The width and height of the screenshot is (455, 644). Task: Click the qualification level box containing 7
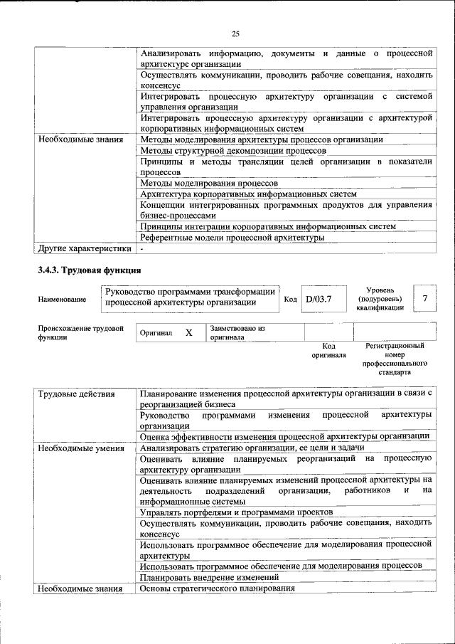point(424,299)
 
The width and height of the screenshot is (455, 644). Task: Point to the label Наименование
point(63,300)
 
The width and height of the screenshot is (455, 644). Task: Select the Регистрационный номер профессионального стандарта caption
point(395,359)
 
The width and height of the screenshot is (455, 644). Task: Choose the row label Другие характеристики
point(85,248)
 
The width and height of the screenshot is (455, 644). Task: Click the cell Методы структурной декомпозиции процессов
point(233,151)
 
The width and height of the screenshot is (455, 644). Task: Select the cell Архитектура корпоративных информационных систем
point(248,194)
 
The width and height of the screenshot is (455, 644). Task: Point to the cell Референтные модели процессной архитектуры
point(232,237)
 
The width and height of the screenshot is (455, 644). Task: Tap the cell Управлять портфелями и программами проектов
point(236,512)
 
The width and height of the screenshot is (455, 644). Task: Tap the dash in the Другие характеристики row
point(142,248)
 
